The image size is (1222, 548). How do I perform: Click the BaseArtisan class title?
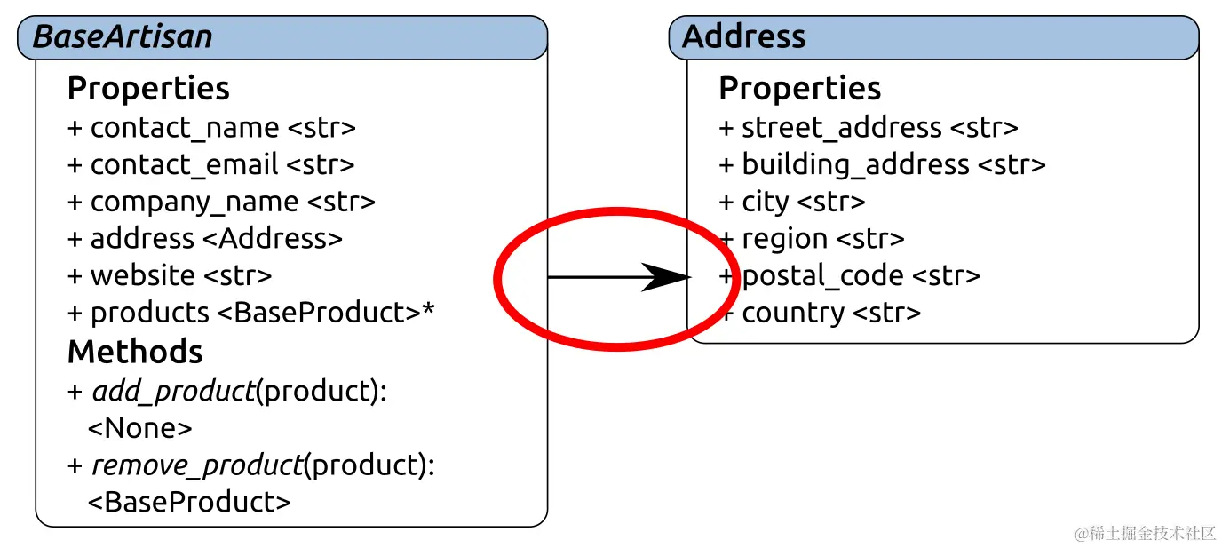[123, 37]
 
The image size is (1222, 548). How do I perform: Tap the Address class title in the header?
[743, 37]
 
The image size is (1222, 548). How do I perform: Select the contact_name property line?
[211, 128]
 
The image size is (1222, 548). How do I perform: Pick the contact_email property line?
[210, 165]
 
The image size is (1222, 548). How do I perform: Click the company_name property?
[221, 203]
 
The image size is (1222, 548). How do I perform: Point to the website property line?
[170, 275]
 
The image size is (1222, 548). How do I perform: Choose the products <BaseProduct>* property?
[250, 313]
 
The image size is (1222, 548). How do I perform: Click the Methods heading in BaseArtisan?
[135, 353]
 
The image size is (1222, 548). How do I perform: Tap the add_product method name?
[173, 392]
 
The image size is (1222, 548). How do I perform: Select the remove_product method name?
[197, 465]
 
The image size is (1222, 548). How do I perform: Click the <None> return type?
[139, 429]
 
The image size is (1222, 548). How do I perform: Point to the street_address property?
[868, 128]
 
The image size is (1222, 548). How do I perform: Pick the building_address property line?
[882, 165]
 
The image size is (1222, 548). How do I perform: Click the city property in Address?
[791, 203]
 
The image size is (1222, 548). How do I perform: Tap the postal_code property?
[849, 276]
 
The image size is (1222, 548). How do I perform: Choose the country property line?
[819, 313]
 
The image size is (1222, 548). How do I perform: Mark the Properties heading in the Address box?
[799, 89]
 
